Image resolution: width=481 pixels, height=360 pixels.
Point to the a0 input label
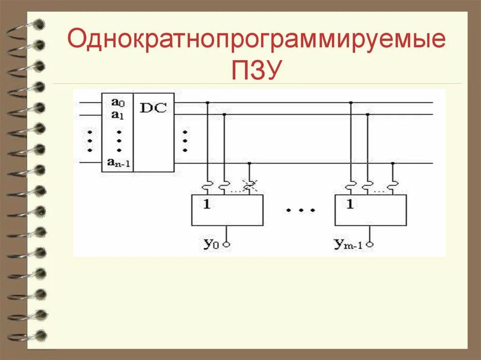click(x=117, y=101)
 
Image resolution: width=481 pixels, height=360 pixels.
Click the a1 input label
click(x=117, y=115)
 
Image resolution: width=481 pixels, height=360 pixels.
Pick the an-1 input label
click(x=118, y=163)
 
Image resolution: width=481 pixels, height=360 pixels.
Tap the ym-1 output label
click(x=348, y=244)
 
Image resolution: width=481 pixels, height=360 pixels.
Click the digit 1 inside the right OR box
click(x=349, y=204)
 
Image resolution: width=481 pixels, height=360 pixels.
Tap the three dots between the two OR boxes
click(x=299, y=211)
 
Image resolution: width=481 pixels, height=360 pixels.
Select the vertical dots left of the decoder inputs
click(x=89, y=140)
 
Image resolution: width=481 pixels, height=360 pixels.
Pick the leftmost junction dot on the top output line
click(x=208, y=102)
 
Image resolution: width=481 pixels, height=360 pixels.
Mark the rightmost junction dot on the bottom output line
click(x=393, y=163)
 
